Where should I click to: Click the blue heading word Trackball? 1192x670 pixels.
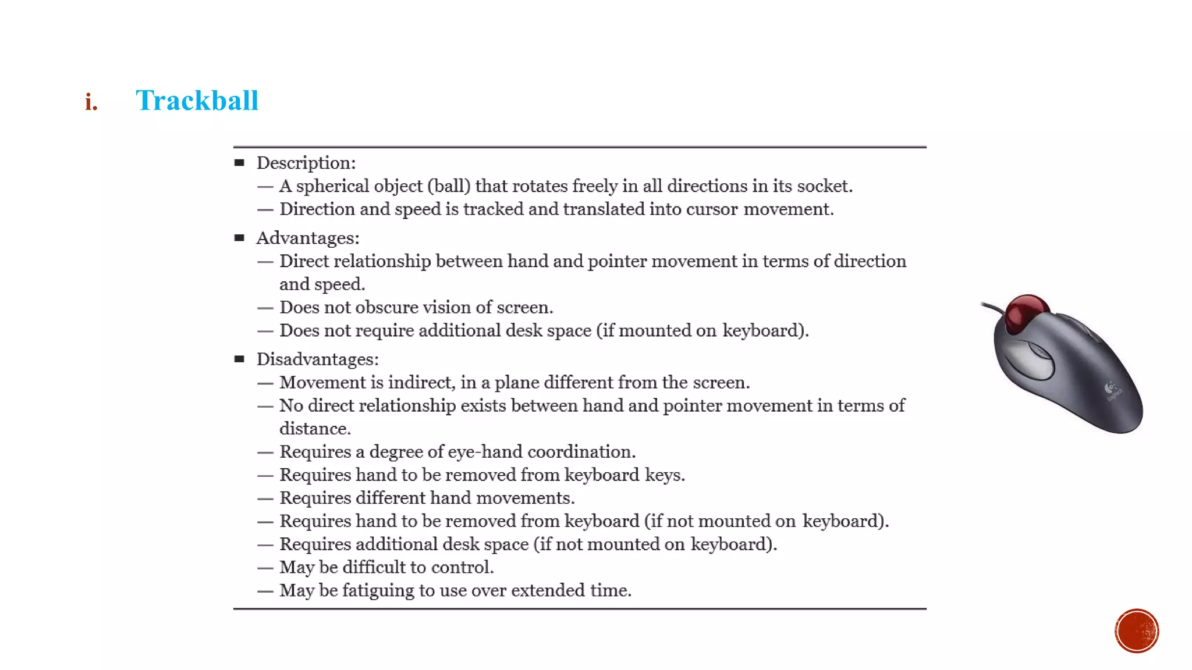tap(197, 101)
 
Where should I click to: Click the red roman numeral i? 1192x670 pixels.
tap(91, 102)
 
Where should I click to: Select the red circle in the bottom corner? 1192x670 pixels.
tap(1136, 630)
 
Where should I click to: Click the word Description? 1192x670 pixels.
tap(306, 163)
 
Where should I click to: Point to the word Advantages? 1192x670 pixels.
tap(307, 238)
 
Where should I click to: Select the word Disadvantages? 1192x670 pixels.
tap(317, 359)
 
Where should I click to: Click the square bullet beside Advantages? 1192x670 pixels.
tap(239, 237)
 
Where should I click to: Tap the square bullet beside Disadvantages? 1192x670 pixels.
tap(239, 359)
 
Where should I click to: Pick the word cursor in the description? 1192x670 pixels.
tap(711, 209)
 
